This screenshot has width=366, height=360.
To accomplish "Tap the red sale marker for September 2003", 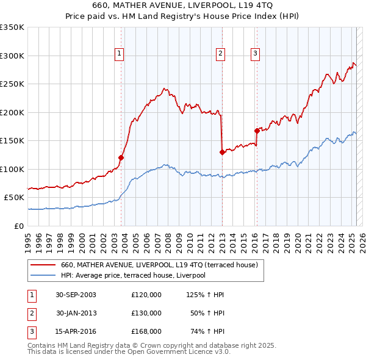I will point(121,157).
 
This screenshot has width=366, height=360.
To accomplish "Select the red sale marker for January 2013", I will point(222,152).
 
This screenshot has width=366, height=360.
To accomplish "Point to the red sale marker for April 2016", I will point(257,130).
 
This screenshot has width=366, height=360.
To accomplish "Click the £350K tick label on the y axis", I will point(12,27).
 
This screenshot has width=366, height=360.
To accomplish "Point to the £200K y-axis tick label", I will point(12,112).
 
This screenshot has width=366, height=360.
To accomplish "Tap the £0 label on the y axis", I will point(20,226).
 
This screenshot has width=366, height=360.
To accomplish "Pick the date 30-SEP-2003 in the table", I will point(76,295).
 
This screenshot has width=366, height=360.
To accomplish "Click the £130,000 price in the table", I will point(146,313).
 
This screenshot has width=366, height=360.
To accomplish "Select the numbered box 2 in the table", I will point(30,313).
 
